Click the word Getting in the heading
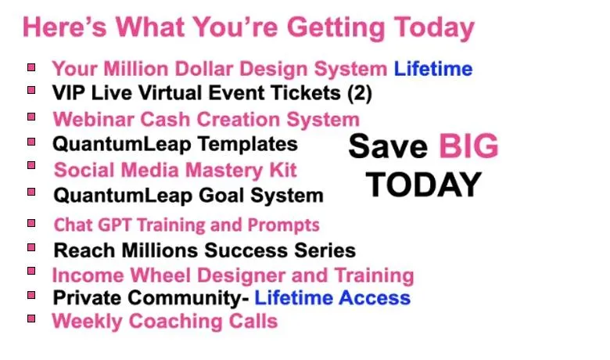(336, 28)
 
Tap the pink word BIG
(468, 146)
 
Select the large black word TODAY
(424, 185)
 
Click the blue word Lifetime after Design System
(433, 69)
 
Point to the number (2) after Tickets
(360, 93)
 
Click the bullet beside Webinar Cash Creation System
(31, 117)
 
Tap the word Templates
(248, 144)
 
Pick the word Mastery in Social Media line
(224, 170)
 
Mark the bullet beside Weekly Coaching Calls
(31, 319)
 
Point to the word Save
(388, 146)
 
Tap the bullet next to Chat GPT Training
(31, 223)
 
